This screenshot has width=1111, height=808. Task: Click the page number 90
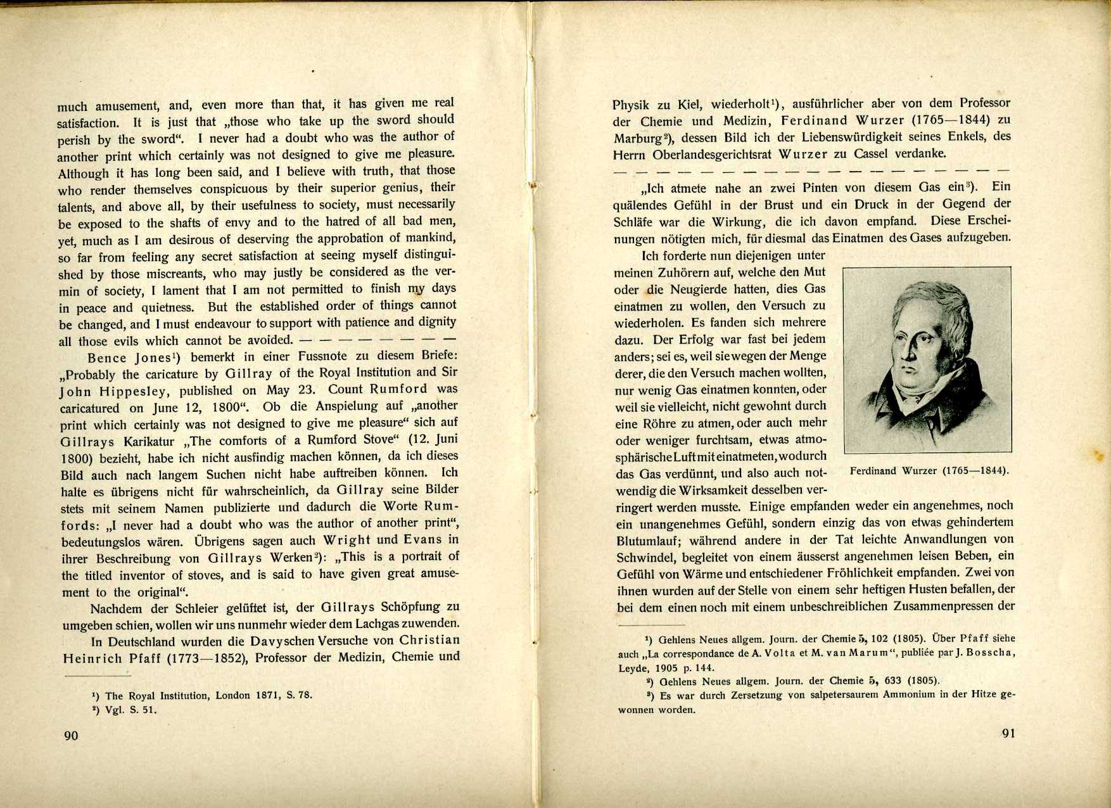[x=71, y=735]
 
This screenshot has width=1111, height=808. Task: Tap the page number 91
[x=1008, y=733]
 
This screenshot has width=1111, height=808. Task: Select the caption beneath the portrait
[x=929, y=471]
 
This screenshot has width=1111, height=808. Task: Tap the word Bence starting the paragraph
[x=108, y=357]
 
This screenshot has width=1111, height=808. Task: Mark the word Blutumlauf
[x=649, y=541]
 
